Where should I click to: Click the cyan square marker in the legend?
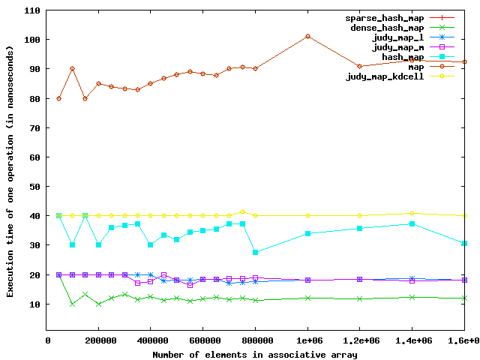coord(442,56)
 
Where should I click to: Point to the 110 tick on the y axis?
coord(33,10)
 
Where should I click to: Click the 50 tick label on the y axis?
coord(35,187)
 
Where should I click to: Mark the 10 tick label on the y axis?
coord(35,304)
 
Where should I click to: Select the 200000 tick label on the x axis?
coord(98,340)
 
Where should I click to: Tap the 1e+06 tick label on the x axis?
coord(307,340)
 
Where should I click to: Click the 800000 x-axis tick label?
coord(256,340)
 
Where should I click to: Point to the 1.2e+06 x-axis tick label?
coord(360,340)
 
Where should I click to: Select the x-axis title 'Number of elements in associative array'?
coord(255,353)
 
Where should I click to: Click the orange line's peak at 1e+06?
coord(307,36)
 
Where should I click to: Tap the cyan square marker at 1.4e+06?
coord(412,223)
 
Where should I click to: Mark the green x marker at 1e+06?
coord(307,298)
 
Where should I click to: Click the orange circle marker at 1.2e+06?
coord(360,67)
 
